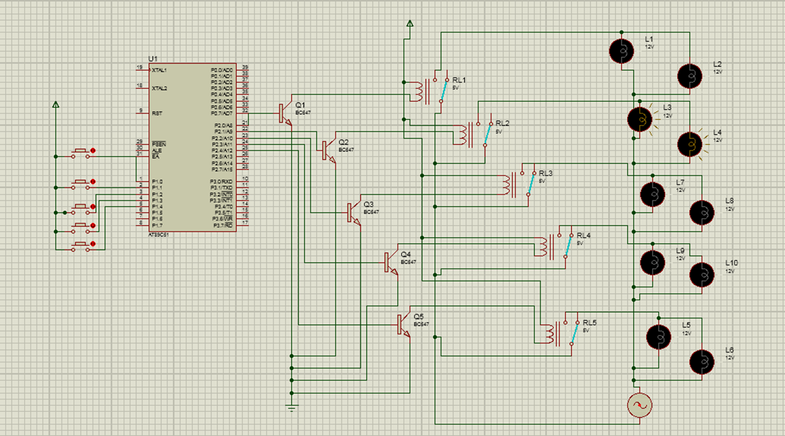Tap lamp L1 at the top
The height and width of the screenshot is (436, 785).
pos(622,50)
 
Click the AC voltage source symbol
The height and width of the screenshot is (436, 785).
pos(639,405)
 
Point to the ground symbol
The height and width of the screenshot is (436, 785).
pos(291,408)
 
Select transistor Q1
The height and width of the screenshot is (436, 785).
pos(284,113)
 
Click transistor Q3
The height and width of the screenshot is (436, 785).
pos(354,212)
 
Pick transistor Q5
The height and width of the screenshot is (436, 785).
pos(403,325)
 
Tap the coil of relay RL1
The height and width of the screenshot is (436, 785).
pos(418,90)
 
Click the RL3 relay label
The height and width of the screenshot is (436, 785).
pos(546,173)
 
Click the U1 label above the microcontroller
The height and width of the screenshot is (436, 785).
pos(153,58)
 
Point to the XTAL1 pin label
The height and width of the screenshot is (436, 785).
pos(160,70)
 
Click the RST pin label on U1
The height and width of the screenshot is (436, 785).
pos(157,113)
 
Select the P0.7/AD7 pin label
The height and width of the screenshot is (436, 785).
pos(222,114)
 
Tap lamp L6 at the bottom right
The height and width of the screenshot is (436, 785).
pos(702,362)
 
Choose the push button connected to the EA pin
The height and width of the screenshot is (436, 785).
pos(80,153)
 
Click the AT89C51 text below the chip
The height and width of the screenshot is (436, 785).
pos(158,234)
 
